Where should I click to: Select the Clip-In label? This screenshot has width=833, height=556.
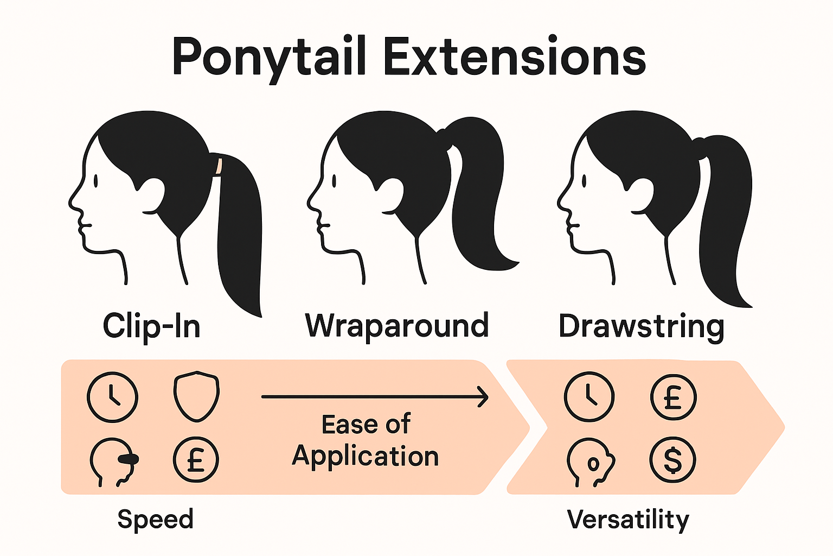point(151,326)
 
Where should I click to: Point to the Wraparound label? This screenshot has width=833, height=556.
point(397,326)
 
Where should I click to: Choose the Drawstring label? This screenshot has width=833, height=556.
point(642,327)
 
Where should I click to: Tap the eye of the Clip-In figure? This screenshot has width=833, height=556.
point(95,181)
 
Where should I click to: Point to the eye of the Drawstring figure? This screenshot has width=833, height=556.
point(584,181)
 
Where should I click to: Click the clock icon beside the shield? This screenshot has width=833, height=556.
point(112,397)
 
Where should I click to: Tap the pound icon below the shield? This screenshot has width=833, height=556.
point(196,460)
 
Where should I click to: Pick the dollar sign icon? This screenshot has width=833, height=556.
point(672,460)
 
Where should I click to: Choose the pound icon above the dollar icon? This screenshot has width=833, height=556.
point(673,397)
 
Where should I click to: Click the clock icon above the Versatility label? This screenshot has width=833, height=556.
point(589,397)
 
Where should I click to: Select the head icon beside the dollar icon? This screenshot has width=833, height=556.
point(590,461)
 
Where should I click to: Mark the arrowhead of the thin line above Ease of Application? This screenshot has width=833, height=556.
point(482,397)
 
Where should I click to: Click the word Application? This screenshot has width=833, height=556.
point(366,457)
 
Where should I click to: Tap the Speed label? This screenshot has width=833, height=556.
point(155,519)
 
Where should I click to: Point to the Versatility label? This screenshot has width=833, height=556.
point(628,520)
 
